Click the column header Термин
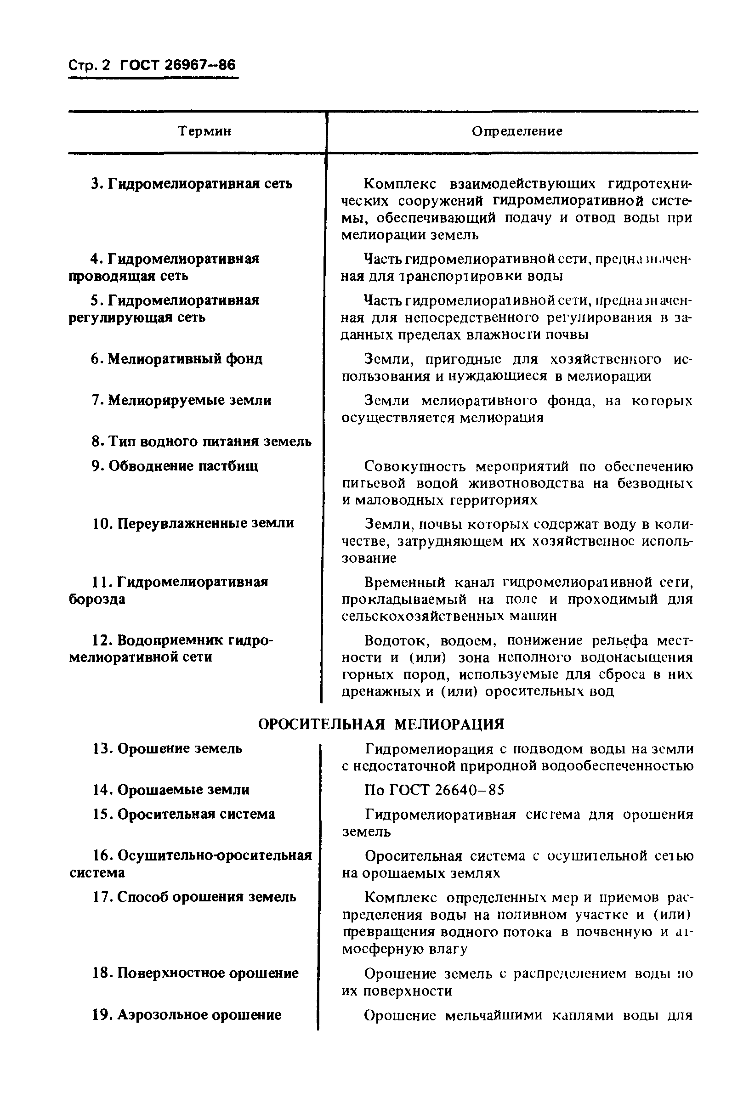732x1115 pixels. (205, 131)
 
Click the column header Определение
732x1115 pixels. (516, 131)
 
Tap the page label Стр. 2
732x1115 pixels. (89, 65)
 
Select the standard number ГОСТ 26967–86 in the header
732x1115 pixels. (178, 65)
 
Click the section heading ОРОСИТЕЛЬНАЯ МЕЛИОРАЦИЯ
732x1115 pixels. (381, 724)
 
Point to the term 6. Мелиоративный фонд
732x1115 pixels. (176, 359)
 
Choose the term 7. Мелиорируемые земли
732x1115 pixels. (181, 400)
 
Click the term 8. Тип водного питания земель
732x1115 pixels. (201, 441)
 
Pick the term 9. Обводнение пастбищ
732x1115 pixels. (174, 466)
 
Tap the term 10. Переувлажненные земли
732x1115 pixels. (193, 523)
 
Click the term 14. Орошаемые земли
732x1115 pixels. (171, 789)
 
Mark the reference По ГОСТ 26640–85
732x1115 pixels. (434, 790)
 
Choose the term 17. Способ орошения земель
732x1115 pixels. (194, 896)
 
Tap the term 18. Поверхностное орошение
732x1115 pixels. (195, 973)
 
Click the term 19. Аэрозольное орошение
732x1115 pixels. (187, 1014)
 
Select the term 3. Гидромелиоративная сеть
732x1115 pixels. (192, 184)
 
